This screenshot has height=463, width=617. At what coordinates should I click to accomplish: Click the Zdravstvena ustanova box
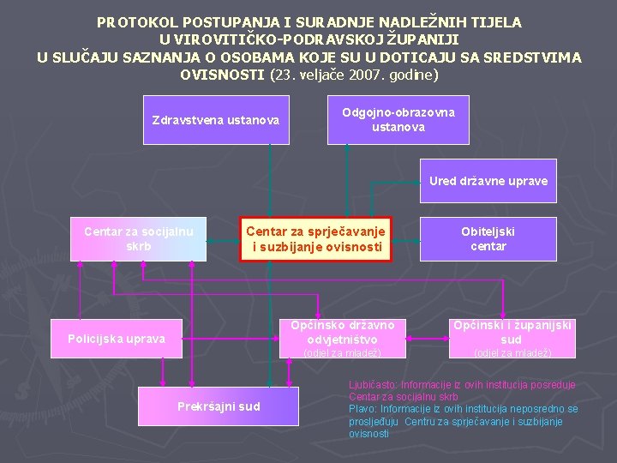(x=215, y=119)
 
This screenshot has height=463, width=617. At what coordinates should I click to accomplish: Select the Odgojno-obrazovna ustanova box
(x=398, y=119)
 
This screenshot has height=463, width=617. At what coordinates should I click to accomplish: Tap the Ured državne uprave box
(x=488, y=181)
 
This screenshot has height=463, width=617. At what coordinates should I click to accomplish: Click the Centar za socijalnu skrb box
(x=139, y=239)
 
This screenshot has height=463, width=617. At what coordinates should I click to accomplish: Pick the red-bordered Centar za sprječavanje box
(x=314, y=239)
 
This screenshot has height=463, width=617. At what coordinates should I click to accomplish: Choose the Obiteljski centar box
(x=488, y=239)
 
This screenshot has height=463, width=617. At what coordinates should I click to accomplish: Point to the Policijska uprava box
(x=117, y=338)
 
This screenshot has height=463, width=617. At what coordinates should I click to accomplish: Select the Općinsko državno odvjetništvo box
(x=343, y=332)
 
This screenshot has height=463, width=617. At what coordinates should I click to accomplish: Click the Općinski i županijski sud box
(x=511, y=332)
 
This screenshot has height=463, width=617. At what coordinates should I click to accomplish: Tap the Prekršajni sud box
(x=219, y=406)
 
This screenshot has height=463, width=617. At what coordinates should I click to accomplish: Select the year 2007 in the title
(x=357, y=75)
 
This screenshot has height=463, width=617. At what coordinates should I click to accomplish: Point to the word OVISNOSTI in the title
(x=222, y=75)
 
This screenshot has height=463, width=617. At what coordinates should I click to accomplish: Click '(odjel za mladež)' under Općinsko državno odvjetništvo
(x=343, y=352)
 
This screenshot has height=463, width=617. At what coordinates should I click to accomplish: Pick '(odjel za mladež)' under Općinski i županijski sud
(x=512, y=352)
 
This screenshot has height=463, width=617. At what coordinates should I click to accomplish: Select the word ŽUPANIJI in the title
(x=425, y=39)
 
